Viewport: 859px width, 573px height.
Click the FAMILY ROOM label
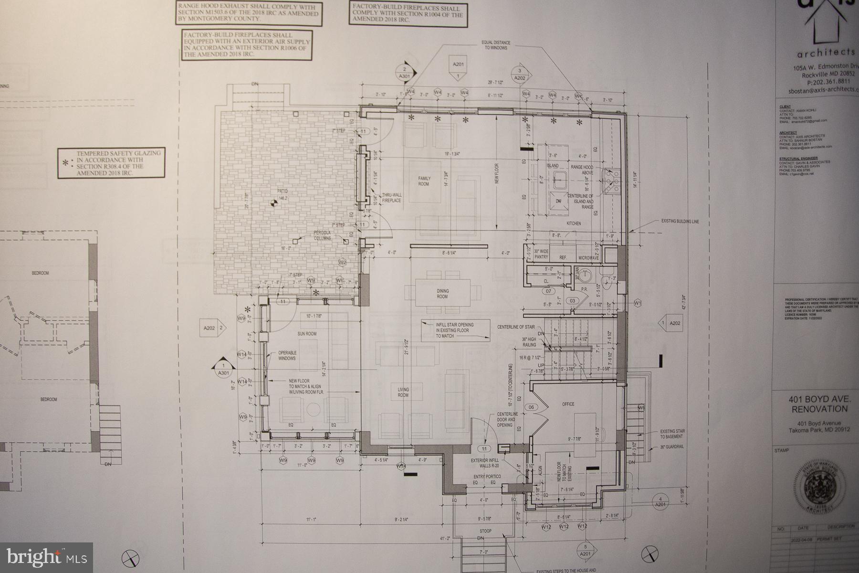[x=424, y=181]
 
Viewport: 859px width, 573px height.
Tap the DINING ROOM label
[x=442, y=294]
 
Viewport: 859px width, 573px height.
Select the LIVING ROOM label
[x=403, y=393]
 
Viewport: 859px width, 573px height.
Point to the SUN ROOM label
[x=307, y=334]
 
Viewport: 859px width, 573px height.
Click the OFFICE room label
[x=568, y=404]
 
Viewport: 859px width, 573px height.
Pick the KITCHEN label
[x=573, y=223]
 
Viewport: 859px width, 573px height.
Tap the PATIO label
[x=283, y=194]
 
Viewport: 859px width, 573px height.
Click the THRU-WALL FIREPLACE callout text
[x=391, y=198]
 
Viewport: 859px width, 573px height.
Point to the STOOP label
[x=485, y=531]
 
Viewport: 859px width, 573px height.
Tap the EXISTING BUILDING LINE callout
[x=679, y=222]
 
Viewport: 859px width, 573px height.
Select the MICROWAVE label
[x=588, y=258]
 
